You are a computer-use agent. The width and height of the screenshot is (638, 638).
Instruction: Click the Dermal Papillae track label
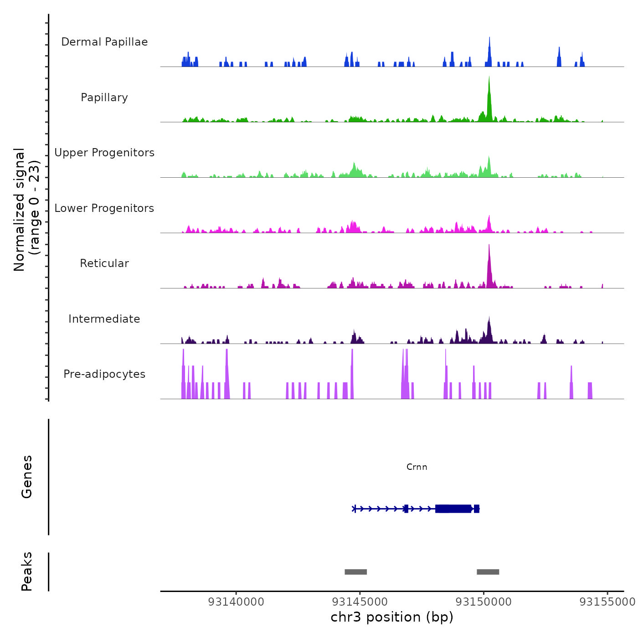tap(104, 42)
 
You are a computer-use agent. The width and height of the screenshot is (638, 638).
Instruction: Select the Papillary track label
tap(104, 98)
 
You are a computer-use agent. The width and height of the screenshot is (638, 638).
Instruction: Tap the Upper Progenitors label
tap(104, 153)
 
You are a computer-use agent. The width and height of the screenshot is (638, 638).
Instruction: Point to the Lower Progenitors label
tap(104, 208)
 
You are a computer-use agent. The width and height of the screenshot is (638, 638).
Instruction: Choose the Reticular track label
tap(104, 263)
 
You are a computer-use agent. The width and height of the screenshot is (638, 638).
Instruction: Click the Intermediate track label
tap(104, 319)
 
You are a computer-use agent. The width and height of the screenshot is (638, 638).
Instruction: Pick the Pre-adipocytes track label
tap(104, 374)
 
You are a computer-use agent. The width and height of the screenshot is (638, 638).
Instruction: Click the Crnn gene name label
tap(417, 467)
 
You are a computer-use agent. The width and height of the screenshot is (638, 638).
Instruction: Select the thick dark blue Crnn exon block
tap(453, 509)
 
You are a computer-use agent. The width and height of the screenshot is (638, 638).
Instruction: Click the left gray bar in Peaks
tap(355, 572)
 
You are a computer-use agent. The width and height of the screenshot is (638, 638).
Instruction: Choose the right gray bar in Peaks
tap(488, 572)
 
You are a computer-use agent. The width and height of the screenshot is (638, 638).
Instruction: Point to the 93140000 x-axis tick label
tap(236, 602)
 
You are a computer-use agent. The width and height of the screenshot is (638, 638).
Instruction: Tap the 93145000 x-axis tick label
tap(360, 602)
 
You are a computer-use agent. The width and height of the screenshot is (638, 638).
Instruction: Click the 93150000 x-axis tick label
tap(484, 602)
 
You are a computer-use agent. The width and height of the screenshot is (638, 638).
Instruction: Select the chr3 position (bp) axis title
tap(392, 617)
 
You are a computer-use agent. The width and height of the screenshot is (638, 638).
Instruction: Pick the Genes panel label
tap(27, 477)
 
